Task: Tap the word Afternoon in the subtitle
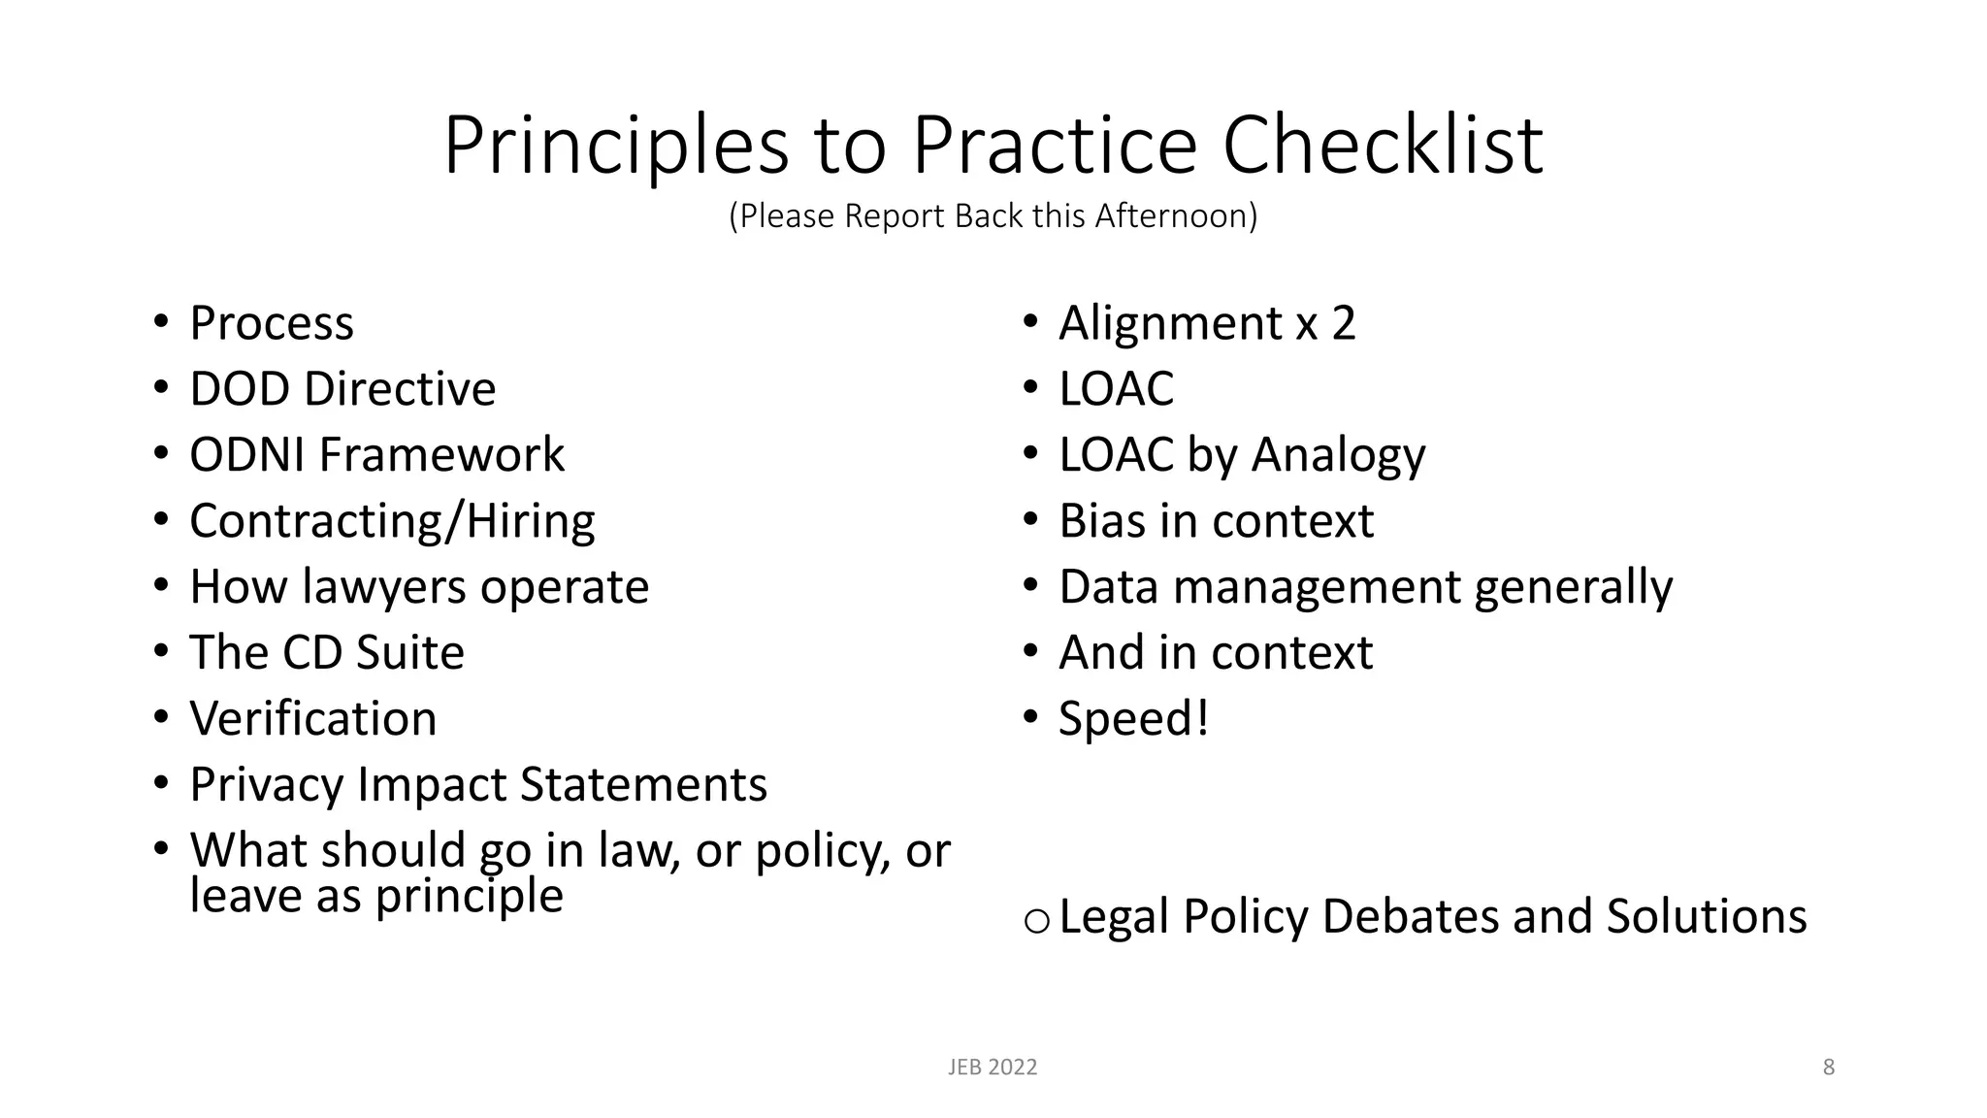(x=1176, y=215)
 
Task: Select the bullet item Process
(x=272, y=323)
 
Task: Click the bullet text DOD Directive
(x=342, y=389)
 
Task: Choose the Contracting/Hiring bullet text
(x=392, y=521)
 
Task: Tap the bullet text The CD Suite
(x=327, y=652)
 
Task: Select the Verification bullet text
(x=313, y=719)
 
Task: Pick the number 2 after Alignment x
(x=1343, y=323)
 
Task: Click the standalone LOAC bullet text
(x=1116, y=389)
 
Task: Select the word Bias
(x=1102, y=521)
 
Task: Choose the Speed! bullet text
(x=1133, y=719)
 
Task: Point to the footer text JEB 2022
(x=993, y=1068)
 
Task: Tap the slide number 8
(x=1829, y=1068)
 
